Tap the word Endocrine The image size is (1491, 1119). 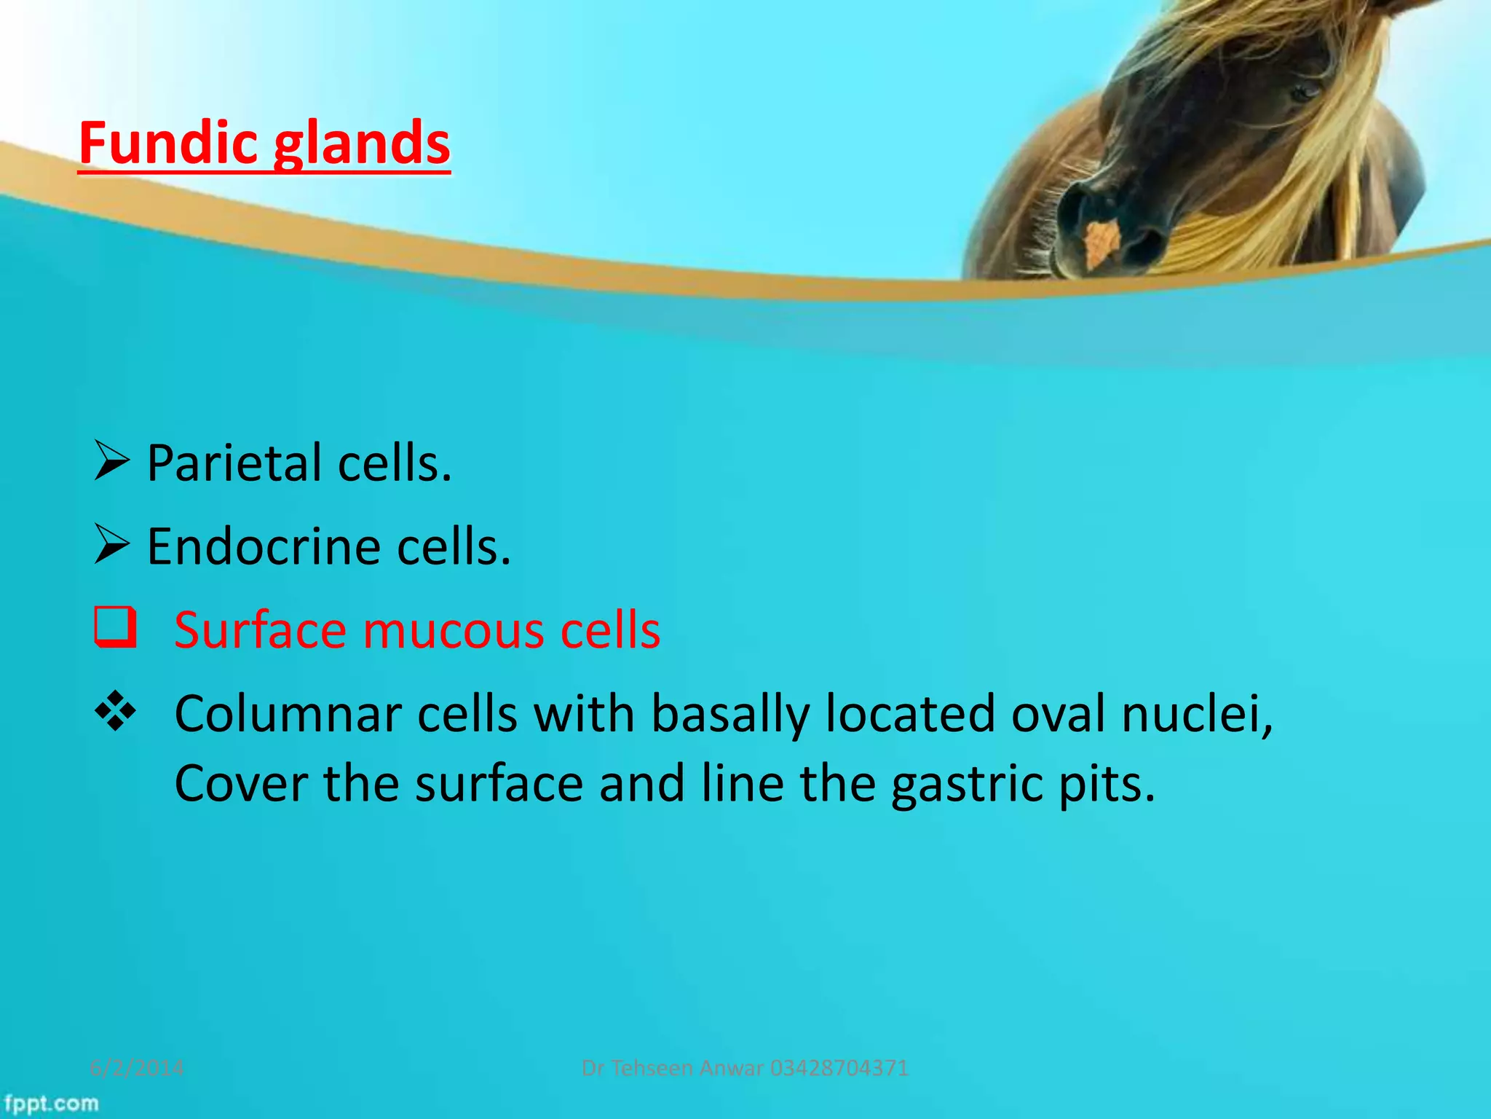[x=264, y=546]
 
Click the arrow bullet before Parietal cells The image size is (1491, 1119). [x=112, y=461]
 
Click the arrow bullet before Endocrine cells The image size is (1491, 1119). [x=112, y=545]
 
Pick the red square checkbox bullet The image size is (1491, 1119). [x=115, y=628]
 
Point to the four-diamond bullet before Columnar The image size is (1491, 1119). [x=115, y=711]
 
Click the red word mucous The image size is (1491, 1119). [x=454, y=630]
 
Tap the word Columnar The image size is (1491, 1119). [x=288, y=713]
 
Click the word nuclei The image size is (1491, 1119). [x=1197, y=713]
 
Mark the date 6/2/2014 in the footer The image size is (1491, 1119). [x=137, y=1068]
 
